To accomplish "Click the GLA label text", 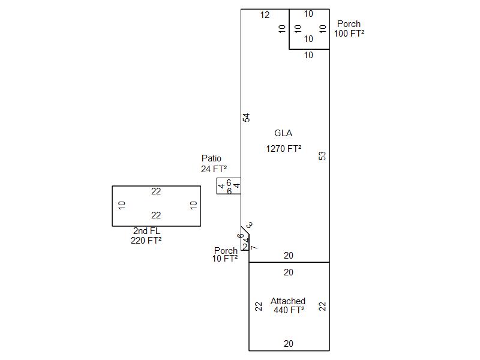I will coord(283,133).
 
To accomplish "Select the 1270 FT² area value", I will coord(283,149).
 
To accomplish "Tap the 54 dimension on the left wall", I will coord(246,118).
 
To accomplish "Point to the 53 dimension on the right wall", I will coord(322,155).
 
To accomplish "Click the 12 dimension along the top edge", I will coord(265,15).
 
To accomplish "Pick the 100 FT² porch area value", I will coord(349,34).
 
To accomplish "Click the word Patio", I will coord(211,158).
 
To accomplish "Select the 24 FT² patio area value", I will coord(214,169).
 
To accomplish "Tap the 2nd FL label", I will coord(147,231).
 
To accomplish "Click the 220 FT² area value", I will coord(146,241).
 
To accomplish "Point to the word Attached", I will coord(288,301).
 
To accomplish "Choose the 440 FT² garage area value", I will coord(289,310).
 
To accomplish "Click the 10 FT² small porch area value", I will coord(225,259).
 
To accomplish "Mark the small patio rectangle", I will coord(229,186).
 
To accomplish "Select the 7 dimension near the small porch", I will coord(254,247).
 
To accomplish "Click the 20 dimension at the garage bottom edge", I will coord(289,344).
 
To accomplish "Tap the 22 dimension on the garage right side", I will coord(322,306).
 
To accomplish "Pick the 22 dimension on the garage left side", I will coord(259,306).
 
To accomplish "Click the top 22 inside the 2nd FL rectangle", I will coord(156,191).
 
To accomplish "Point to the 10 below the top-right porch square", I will coord(308,55).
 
